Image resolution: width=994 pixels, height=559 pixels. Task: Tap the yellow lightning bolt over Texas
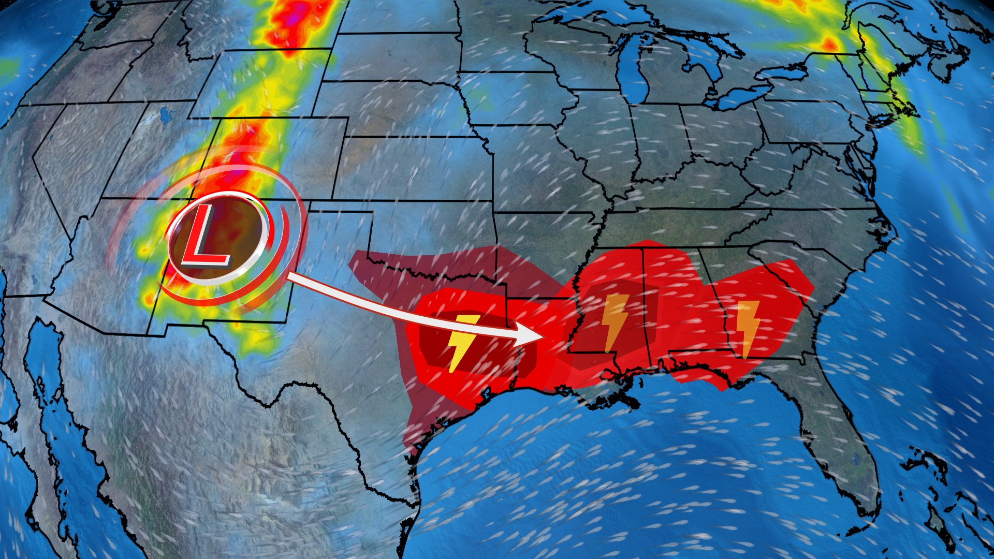pyautogui.click(x=462, y=342)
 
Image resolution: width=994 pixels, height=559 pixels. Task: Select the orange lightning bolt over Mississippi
pyautogui.click(x=615, y=322)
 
